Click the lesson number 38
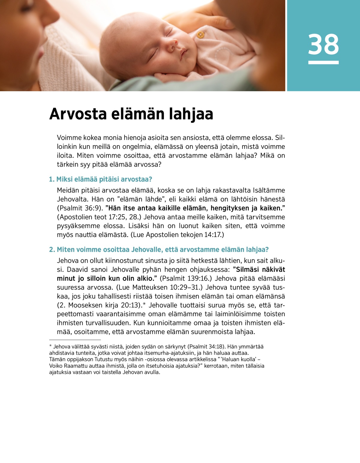coord(323,44)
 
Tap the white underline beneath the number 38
coord(323,62)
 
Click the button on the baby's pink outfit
coord(200,35)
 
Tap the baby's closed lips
coord(183,53)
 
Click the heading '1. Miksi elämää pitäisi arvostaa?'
coord(100,179)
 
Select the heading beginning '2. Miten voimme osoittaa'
coord(159,249)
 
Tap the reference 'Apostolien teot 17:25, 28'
coord(99,217)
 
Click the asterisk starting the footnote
coord(51,347)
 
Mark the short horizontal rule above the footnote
coord(75,340)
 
